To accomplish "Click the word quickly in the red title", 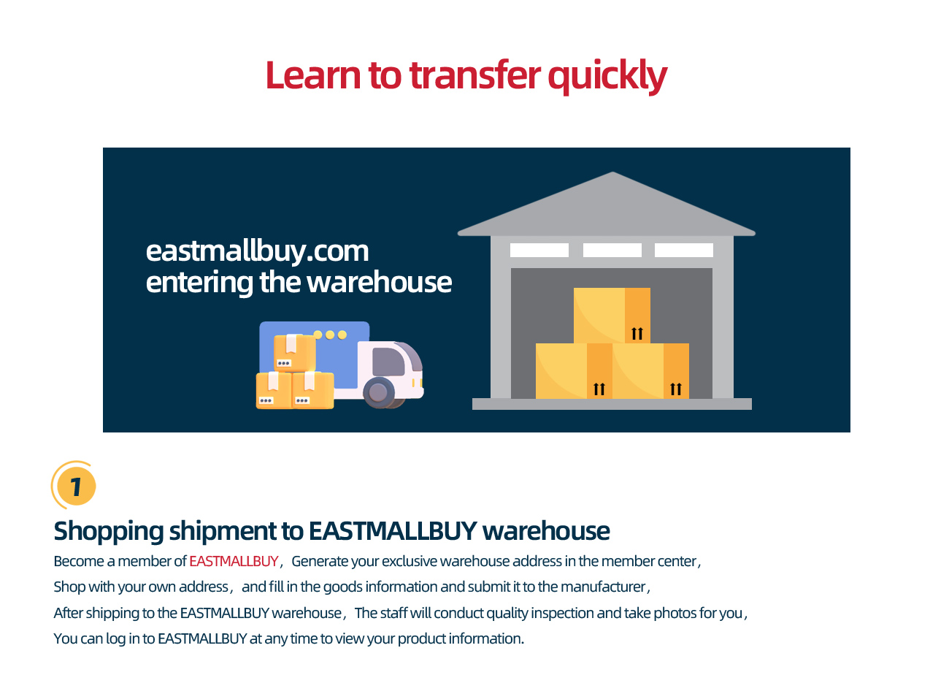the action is pos(607,77).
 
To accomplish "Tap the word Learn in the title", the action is pos(313,75).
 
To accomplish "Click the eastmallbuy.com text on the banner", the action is pos(257,252).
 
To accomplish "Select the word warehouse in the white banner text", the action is pos(379,282).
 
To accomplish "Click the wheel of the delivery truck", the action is pos(379,392).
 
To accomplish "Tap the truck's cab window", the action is pos(388,362).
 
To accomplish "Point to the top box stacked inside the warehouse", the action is pos(612,316).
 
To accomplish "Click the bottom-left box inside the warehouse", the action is pos(574,371).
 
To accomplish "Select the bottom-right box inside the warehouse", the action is pos(650,371).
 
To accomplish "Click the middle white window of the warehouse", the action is pos(612,250).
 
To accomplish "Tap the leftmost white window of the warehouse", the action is pos(539,250).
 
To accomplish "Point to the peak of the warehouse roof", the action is pos(612,172).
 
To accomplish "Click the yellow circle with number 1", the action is pos(76,486).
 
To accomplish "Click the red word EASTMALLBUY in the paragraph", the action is pos(234,561).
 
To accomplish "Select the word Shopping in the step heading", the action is pos(109,532).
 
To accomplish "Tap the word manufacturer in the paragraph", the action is pos(603,587).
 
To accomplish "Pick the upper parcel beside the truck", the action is pos(294,353).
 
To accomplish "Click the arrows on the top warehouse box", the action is pos(637,334).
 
